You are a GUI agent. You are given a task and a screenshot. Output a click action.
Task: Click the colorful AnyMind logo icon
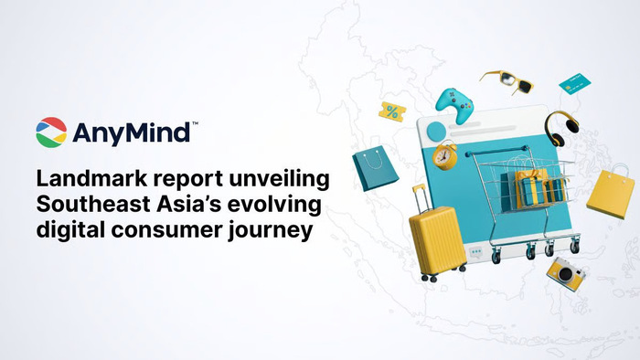pyautogui.click(x=51, y=133)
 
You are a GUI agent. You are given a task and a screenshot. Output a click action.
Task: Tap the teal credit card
pyautogui.click(x=572, y=83)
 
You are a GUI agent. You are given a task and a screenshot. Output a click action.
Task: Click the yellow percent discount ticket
pyautogui.click(x=393, y=112)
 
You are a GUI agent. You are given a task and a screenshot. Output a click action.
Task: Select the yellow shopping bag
pyautogui.click(x=609, y=191)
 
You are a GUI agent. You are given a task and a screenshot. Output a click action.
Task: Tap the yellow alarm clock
pyautogui.click(x=445, y=155)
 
